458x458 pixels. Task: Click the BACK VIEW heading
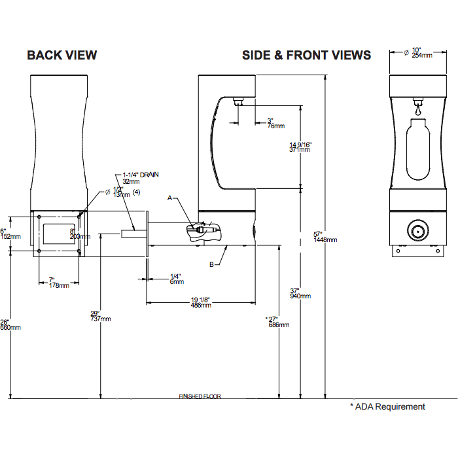pos(62,55)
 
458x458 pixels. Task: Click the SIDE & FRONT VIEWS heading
pos(306,55)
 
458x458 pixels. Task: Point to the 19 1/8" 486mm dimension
pos(201,302)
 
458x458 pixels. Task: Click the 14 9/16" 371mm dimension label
pos(300,147)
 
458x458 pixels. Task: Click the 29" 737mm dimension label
pos(100,316)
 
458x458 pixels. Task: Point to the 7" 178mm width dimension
pos(59,283)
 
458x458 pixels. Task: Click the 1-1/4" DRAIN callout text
pos(141,179)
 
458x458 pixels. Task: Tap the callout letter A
pos(169,197)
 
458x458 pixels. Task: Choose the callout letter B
pos(211,264)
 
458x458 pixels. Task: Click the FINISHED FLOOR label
pos(200,396)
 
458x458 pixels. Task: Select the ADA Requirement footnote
pos(387,407)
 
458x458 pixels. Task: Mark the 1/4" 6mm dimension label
pos(175,278)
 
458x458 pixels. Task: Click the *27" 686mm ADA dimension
pos(278,322)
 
